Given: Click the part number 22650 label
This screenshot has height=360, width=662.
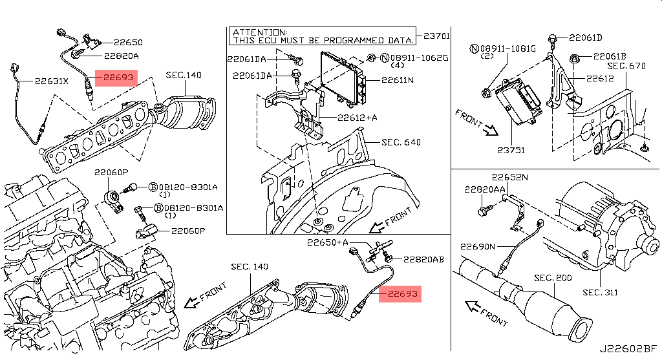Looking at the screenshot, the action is [x=129, y=42].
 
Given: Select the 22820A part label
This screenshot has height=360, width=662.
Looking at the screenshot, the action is [x=122, y=56].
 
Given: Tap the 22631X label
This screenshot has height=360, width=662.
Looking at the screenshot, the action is [x=52, y=81].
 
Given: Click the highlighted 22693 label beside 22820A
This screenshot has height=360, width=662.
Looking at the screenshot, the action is [x=116, y=78].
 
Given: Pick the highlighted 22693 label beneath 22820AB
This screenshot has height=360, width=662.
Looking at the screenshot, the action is [x=400, y=293].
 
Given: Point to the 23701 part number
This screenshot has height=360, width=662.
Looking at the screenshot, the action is [x=436, y=36].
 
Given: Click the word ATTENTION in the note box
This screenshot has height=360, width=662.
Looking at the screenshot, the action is [x=260, y=32].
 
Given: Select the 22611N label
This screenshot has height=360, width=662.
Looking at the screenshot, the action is [x=398, y=79].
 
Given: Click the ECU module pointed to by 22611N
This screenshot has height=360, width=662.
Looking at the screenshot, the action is [x=342, y=78].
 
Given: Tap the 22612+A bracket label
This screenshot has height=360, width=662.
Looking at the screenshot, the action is [x=357, y=118].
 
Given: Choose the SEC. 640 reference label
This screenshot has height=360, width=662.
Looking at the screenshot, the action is [x=401, y=142].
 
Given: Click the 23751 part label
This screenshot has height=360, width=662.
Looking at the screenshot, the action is [x=511, y=150].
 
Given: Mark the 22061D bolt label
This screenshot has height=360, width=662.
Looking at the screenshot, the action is [x=586, y=37].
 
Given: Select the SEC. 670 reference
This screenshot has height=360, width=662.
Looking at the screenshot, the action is [x=626, y=67].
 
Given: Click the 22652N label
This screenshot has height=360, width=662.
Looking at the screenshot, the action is [x=509, y=177].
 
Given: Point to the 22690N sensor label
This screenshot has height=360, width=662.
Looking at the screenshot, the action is [x=478, y=246].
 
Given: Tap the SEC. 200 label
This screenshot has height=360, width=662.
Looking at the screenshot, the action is [x=553, y=278].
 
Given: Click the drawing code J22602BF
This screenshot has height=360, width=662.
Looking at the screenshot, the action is [x=628, y=349].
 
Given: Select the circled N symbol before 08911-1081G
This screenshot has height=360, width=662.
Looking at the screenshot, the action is [x=474, y=49].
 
